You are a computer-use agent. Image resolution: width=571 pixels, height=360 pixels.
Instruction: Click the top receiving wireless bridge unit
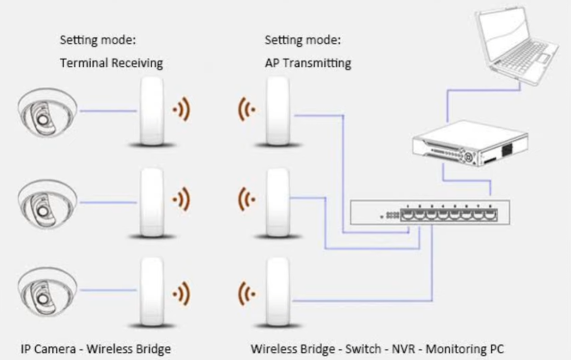click(152, 111)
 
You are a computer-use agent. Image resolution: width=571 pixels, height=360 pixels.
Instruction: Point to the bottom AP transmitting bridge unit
click(278, 292)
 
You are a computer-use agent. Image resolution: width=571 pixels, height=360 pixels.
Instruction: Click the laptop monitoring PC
click(516, 45)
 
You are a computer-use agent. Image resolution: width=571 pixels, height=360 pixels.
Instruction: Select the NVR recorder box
click(470, 143)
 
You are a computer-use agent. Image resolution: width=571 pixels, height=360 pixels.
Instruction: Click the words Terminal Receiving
click(112, 63)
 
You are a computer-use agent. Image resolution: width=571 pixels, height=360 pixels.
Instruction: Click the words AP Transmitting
click(308, 63)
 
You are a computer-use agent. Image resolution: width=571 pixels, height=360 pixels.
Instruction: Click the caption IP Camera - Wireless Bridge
click(95, 349)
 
